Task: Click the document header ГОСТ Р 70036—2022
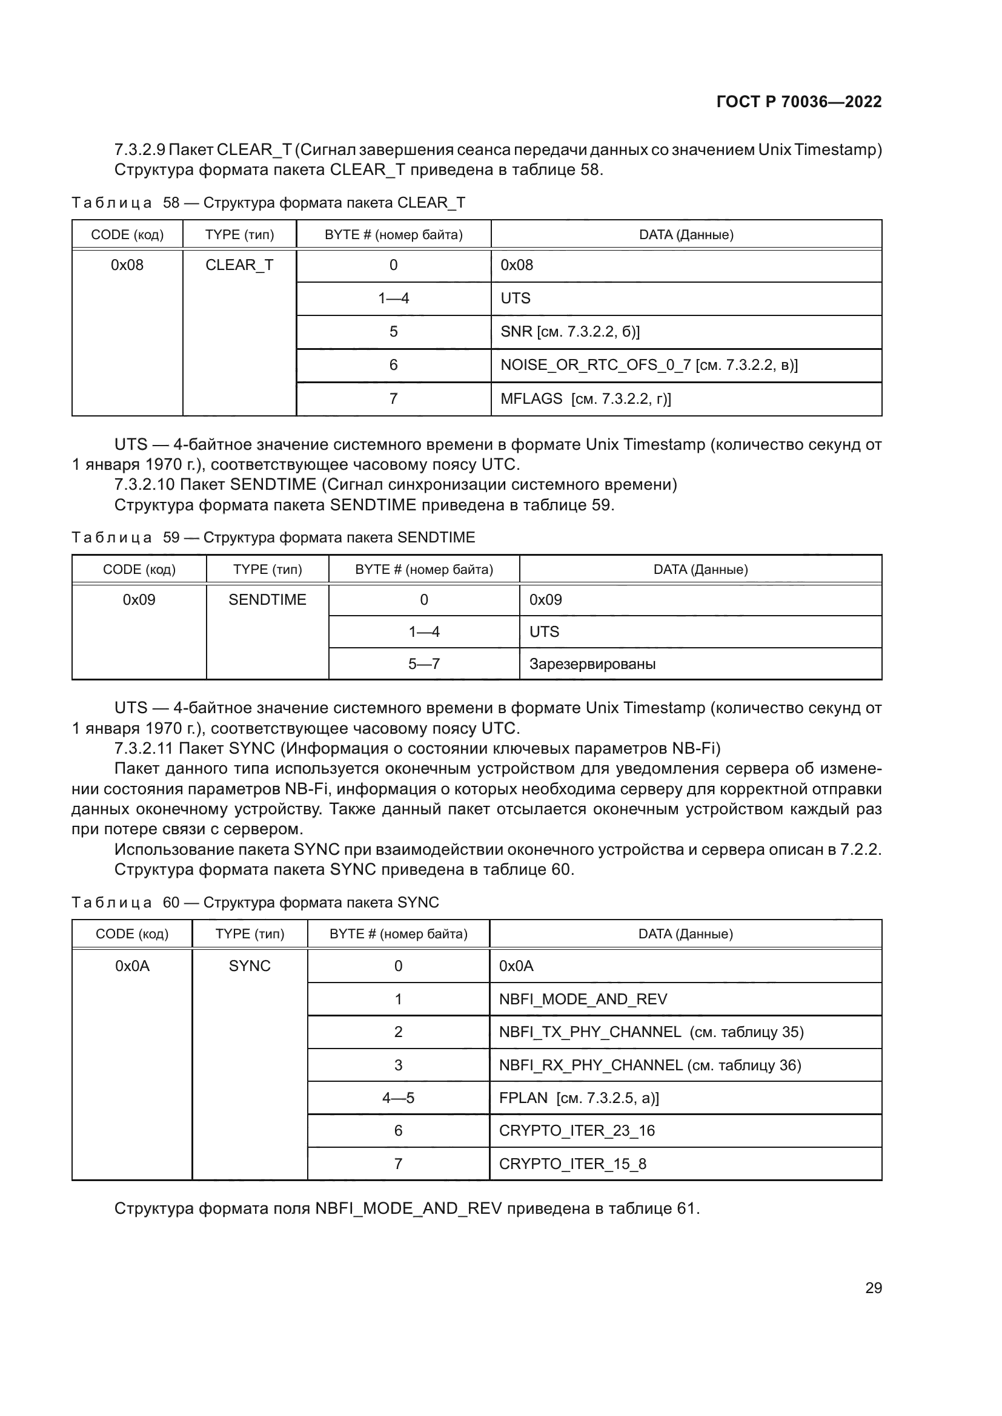tap(798, 102)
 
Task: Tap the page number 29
tap(873, 1288)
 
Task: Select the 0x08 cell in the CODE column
tap(127, 265)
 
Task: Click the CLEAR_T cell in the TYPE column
tap(239, 265)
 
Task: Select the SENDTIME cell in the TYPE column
tap(267, 600)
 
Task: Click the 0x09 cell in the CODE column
tap(139, 600)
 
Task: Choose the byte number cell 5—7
tap(424, 664)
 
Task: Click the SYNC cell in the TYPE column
tap(249, 966)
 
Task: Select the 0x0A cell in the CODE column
tap(132, 966)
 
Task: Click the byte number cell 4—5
tap(398, 1098)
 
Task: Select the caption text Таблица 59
tap(125, 538)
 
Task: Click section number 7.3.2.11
tap(144, 749)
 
